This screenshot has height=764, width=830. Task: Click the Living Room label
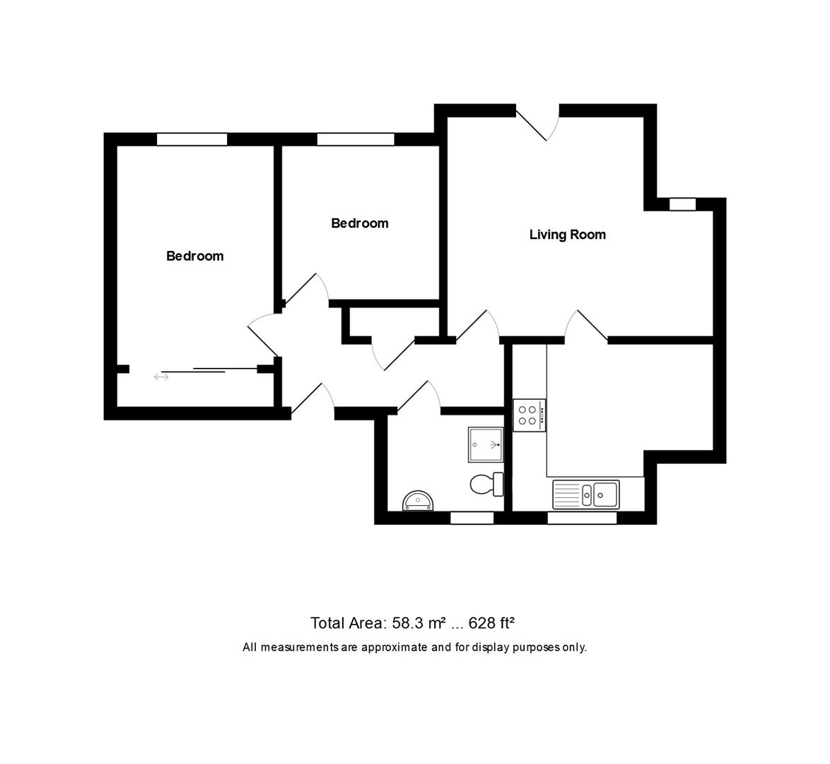tap(567, 235)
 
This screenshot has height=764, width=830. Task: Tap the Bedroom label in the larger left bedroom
tap(194, 256)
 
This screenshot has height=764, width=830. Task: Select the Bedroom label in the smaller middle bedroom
tap(360, 224)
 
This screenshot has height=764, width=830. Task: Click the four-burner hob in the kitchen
tap(530, 414)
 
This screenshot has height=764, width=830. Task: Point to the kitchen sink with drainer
tap(586, 494)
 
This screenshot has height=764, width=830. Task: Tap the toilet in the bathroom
tap(486, 485)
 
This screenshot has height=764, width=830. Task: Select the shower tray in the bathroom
tap(486, 444)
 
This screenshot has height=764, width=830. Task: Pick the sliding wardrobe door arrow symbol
tap(161, 378)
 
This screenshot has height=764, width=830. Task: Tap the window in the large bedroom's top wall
tap(192, 139)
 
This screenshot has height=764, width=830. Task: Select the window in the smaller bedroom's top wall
tap(356, 139)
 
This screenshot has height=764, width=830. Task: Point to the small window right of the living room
tap(682, 204)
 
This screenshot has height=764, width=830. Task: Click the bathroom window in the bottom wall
tap(472, 519)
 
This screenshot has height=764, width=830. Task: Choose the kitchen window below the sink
tap(582, 519)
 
